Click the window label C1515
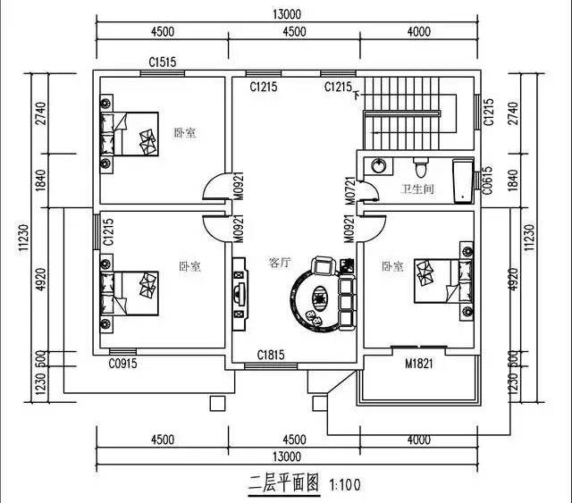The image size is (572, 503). click(x=162, y=63)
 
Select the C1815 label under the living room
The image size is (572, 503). click(x=271, y=355)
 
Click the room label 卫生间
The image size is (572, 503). click(x=416, y=189)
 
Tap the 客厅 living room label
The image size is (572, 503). click(x=280, y=264)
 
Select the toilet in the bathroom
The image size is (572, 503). click(x=421, y=166)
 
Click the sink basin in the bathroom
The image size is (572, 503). click(x=379, y=166)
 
